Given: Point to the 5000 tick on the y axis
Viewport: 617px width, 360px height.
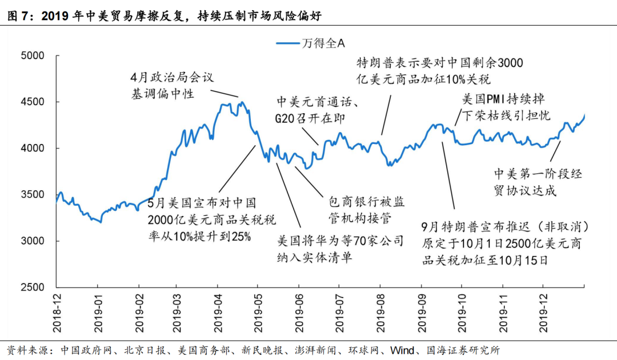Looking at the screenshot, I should point(32,56).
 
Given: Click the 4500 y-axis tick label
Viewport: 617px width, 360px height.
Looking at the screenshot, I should point(32,102).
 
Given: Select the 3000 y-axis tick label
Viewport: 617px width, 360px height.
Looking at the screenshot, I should point(32,241).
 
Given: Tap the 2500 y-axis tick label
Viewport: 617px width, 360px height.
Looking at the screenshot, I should point(32,287).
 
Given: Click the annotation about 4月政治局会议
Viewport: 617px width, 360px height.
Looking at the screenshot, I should point(171,85).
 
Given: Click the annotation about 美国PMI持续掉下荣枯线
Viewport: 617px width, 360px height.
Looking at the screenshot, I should point(506,107).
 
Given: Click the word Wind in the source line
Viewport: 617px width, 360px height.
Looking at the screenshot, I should point(403,350).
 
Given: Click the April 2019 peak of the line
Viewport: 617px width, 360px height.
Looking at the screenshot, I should point(242,103).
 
